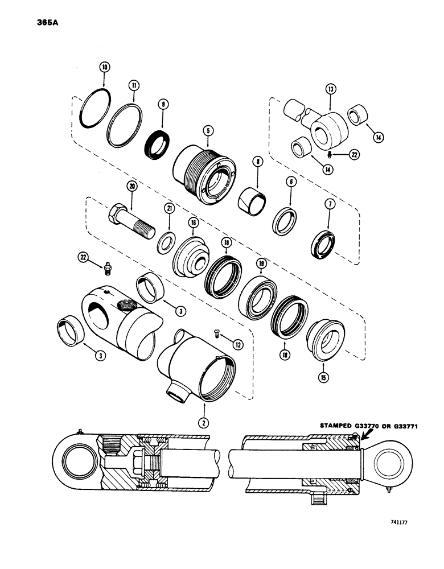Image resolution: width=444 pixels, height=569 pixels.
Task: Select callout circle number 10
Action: (x=104, y=67)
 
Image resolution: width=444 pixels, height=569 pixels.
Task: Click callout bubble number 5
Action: (x=208, y=130)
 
